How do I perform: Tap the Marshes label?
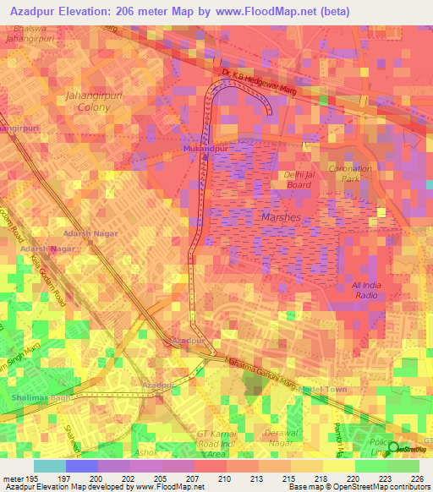pyautogui.click(x=277, y=217)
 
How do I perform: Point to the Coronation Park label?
pyautogui.click(x=350, y=173)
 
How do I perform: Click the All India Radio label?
pyautogui.click(x=366, y=290)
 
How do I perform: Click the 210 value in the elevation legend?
pyautogui.click(x=225, y=478)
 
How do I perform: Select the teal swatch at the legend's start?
pyautogui.click(x=50, y=466)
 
